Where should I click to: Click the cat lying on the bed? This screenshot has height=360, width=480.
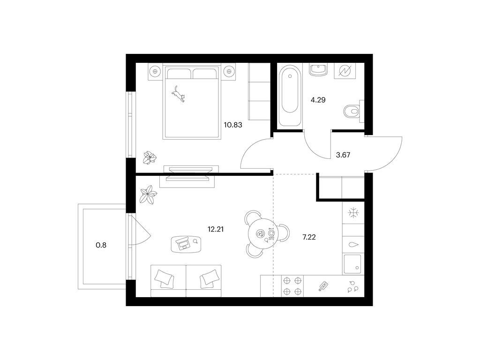[x=178, y=93]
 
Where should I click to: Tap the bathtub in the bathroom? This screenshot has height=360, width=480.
[x=290, y=95]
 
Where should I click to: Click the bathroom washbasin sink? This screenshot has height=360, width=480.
[x=318, y=69]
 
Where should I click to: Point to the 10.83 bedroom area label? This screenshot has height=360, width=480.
[x=233, y=125]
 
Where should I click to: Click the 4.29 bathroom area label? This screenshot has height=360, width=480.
[x=318, y=100]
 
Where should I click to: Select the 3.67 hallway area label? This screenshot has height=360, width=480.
[x=343, y=155]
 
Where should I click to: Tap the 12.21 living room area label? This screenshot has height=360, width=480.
[x=216, y=229]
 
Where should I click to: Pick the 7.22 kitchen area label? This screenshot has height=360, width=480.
[x=309, y=237]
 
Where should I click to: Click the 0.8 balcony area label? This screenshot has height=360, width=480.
[x=101, y=245]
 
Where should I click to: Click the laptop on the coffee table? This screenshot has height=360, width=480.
[x=184, y=244]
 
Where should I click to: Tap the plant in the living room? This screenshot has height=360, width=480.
[x=148, y=195]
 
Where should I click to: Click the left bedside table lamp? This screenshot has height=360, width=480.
[x=155, y=71]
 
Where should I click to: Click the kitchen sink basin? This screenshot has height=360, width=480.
[x=352, y=264]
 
